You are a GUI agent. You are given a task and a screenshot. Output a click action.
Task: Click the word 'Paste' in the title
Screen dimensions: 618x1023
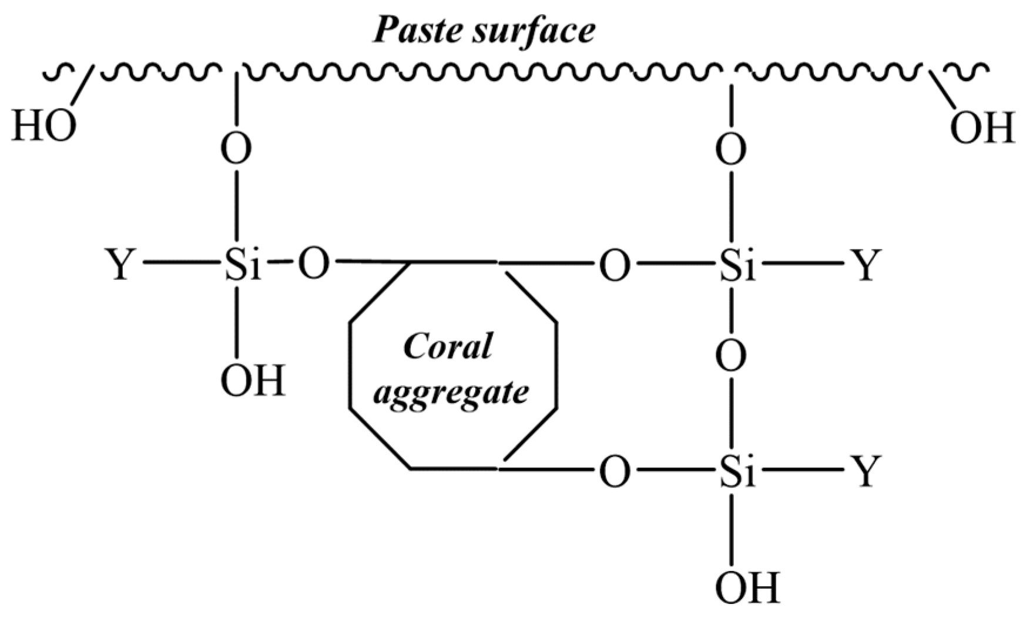click(415, 31)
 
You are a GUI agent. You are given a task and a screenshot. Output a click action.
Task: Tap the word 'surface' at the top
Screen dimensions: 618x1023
click(532, 31)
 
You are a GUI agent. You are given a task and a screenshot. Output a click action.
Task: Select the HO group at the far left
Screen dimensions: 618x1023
click(44, 127)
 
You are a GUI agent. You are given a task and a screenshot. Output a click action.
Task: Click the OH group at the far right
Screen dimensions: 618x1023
click(982, 129)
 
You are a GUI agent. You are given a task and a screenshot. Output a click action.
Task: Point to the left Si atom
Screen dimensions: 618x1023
click(242, 265)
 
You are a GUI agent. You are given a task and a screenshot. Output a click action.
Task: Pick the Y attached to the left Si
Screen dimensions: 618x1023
click(120, 265)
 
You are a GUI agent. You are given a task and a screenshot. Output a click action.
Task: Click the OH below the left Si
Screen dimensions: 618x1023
click(253, 381)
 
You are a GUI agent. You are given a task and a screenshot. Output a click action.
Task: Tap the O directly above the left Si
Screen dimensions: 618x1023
click(236, 150)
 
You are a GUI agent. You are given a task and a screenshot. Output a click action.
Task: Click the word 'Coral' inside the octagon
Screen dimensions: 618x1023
click(448, 347)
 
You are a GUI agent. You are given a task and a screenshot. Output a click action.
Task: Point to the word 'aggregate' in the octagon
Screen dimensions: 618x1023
click(451, 391)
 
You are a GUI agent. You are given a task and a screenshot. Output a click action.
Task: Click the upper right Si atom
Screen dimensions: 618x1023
click(738, 265)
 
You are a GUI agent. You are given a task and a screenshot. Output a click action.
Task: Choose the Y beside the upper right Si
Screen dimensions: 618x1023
click(866, 265)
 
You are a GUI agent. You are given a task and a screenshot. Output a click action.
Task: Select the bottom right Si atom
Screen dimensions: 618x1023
click(738, 472)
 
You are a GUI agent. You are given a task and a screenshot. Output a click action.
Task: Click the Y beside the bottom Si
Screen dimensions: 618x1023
click(866, 472)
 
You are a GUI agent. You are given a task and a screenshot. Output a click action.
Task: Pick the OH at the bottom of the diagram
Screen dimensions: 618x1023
click(747, 586)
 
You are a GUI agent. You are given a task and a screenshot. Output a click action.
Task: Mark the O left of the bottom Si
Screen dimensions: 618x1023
click(615, 472)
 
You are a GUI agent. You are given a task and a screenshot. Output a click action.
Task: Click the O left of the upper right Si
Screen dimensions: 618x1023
click(615, 265)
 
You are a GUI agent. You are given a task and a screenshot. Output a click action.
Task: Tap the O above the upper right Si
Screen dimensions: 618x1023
click(732, 150)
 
